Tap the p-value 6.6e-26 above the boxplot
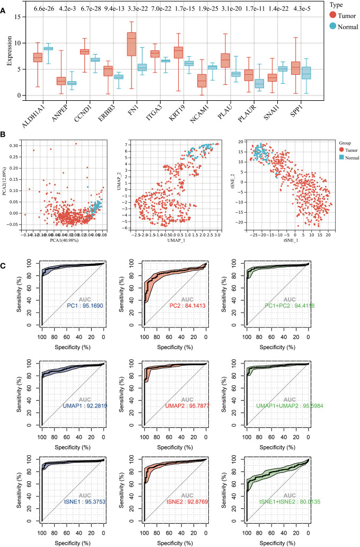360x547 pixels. [x=43, y=9]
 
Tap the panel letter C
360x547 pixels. [x=4, y=253]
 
